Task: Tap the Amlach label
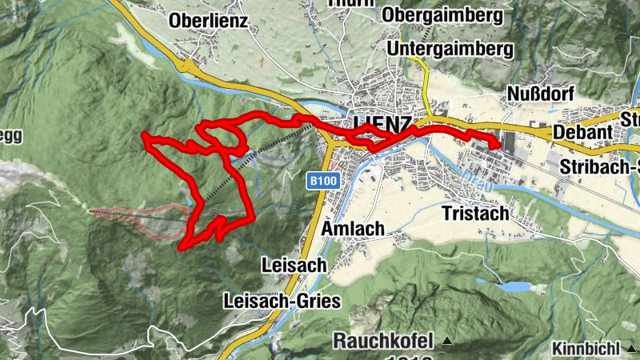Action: [x=352, y=229]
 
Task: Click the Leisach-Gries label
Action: [x=283, y=301]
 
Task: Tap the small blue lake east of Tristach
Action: [x=515, y=286]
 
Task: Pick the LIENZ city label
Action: [x=382, y=125]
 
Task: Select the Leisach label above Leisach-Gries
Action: [x=294, y=264]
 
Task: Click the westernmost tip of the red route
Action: [x=144, y=134]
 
